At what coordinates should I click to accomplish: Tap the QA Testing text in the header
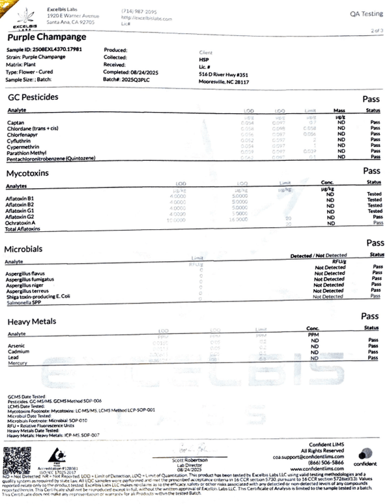click(362, 13)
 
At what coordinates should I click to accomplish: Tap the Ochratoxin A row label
click(22, 223)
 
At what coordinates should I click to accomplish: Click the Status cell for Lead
click(373, 357)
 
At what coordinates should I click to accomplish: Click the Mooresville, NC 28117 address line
click(224, 83)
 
